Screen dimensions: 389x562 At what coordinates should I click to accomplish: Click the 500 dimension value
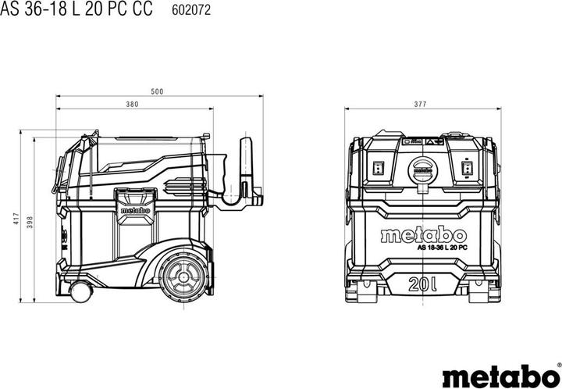point(158,92)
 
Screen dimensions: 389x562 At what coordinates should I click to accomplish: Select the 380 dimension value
point(132,104)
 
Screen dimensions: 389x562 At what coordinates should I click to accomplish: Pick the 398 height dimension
point(30,222)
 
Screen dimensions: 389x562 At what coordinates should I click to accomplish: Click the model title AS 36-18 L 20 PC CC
point(76,10)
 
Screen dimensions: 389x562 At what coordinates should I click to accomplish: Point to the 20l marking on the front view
point(422,282)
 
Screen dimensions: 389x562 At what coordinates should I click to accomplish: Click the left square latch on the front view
point(377,166)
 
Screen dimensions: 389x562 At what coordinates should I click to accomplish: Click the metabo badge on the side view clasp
point(130,209)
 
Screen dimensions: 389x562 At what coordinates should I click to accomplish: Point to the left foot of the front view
point(366,294)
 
